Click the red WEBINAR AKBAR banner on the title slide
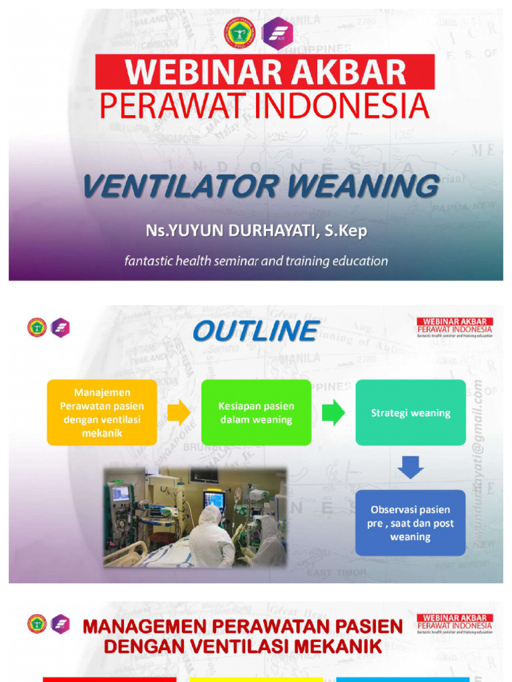[265, 72]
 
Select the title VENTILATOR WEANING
[260, 186]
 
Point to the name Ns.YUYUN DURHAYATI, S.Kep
[256, 230]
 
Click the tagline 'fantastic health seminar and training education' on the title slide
[256, 261]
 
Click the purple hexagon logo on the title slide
[277, 33]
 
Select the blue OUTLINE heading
[255, 331]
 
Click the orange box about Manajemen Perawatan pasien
[102, 413]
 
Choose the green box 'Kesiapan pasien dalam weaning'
[256, 413]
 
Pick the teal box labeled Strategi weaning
[410, 413]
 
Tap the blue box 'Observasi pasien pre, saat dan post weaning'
[410, 523]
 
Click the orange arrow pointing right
[178, 413]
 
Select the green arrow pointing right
[333, 413]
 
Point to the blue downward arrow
[410, 467]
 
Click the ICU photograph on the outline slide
[195, 517]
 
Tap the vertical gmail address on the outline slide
[477, 466]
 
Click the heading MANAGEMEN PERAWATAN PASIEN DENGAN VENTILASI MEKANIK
[243, 636]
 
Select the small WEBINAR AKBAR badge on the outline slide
[455, 326]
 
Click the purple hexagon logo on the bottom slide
[61, 624]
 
